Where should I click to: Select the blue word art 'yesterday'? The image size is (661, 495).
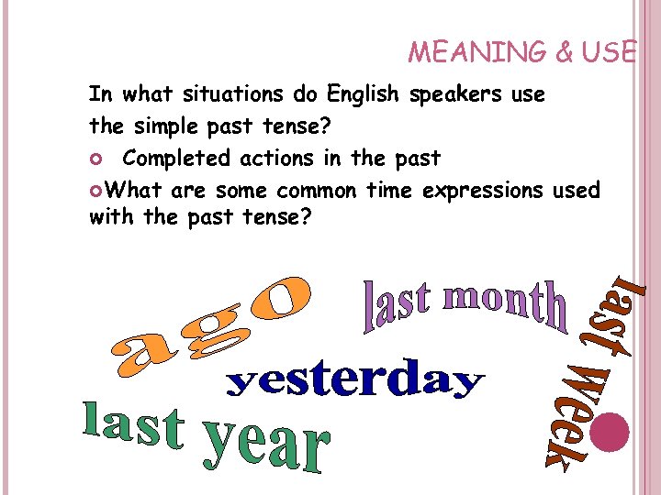pyautogui.click(x=354, y=383)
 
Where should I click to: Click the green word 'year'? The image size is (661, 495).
pyautogui.click(x=267, y=445)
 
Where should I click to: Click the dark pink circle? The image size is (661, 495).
pyautogui.click(x=609, y=431)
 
